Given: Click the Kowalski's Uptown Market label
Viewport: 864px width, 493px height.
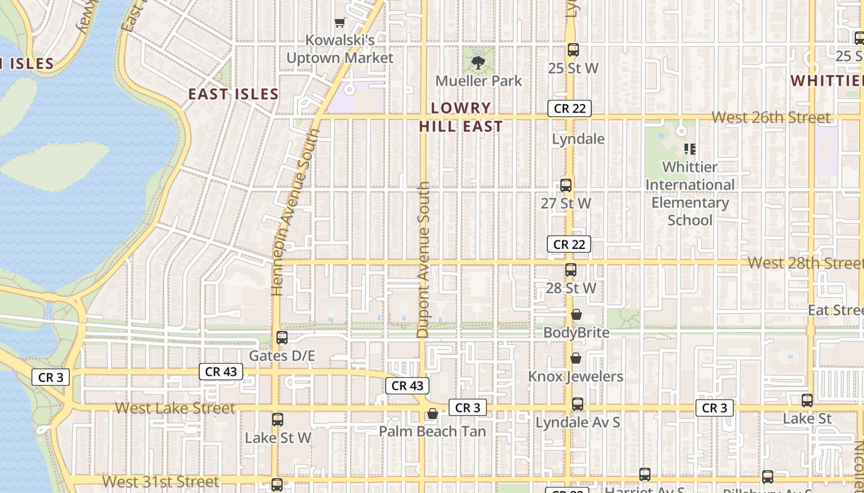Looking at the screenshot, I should (x=339, y=49).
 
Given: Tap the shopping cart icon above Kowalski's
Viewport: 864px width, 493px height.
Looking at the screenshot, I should (x=339, y=23).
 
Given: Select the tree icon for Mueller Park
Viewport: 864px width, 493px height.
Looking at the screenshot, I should (x=478, y=62).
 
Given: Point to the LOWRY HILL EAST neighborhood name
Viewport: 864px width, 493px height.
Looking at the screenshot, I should (x=461, y=117).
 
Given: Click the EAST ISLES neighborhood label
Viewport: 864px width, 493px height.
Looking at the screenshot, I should (x=233, y=94).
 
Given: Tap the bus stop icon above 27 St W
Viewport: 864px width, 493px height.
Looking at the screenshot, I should (x=566, y=185).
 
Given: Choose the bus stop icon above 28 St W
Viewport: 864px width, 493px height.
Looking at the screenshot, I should (x=571, y=270).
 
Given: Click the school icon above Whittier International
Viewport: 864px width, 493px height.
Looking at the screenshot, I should (x=690, y=149).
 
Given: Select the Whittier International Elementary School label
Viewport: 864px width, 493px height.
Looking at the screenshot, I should (x=690, y=194).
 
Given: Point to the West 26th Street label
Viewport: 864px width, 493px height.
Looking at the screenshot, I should (x=771, y=117).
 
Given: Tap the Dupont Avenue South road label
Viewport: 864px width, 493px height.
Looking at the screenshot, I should (x=423, y=259).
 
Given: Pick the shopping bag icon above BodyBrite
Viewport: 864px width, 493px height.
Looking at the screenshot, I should (x=576, y=315).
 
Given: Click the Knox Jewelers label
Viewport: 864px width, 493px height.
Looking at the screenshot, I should (x=576, y=377).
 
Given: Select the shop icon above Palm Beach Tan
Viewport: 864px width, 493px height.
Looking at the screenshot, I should (x=433, y=414).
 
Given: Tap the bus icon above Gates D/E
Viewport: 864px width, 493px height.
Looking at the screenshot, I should (x=282, y=338).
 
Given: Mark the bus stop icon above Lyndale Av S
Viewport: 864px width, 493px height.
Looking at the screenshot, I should (x=578, y=404).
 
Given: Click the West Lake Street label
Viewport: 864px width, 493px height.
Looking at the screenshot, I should (x=175, y=408).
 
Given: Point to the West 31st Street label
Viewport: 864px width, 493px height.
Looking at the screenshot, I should (x=160, y=481).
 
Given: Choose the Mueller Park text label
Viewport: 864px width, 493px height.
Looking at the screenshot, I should (x=479, y=81).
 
